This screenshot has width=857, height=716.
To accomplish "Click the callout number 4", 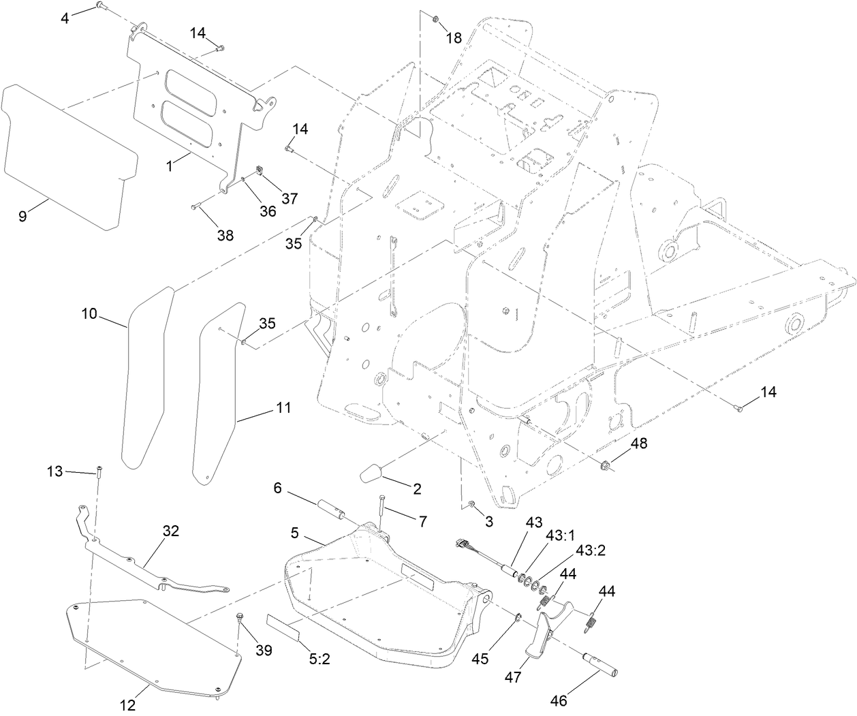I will (65, 18).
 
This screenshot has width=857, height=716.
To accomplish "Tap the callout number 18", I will (454, 38).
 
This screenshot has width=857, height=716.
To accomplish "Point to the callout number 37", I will (290, 198).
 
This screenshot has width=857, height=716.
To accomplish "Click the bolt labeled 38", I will (196, 206).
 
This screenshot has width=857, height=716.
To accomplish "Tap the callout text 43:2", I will (591, 550).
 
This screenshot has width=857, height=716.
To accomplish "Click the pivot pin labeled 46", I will (599, 664).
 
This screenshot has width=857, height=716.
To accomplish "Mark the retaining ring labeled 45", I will (518, 619).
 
